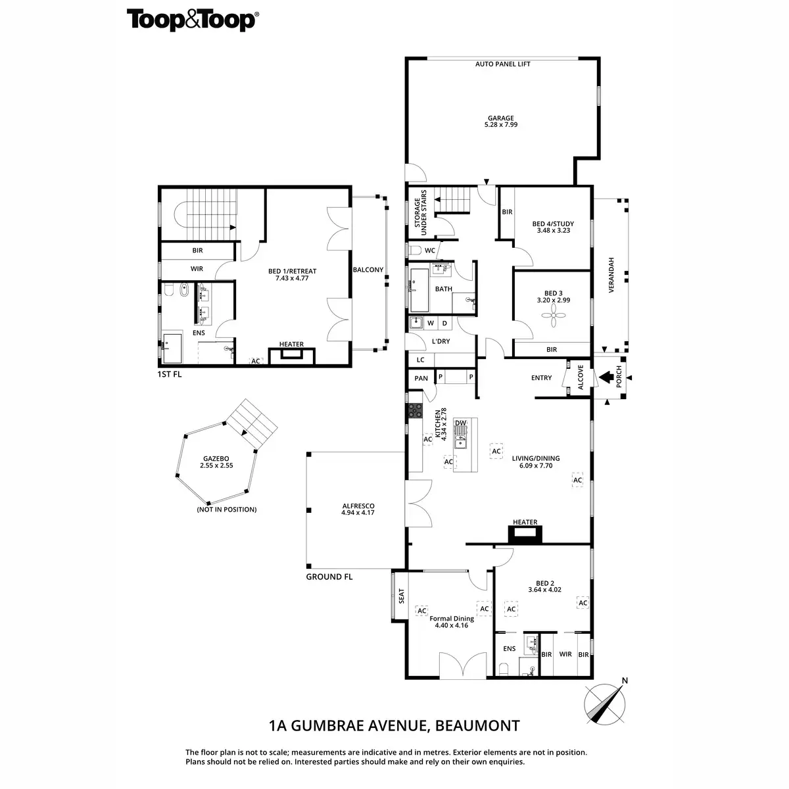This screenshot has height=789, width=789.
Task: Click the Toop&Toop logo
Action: [192, 20]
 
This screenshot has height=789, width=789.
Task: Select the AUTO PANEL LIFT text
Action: [503, 64]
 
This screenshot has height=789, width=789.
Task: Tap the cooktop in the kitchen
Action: [416, 411]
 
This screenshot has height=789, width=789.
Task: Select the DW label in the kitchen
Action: [460, 423]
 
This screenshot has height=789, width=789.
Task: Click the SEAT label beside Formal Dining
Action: [402, 596]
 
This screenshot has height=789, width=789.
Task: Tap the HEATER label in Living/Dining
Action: [525, 522]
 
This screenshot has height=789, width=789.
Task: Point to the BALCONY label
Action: [368, 270]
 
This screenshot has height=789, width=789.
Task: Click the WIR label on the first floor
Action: [197, 269]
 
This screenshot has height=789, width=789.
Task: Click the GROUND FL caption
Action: [329, 577]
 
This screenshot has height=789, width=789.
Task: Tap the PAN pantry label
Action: [421, 378]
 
